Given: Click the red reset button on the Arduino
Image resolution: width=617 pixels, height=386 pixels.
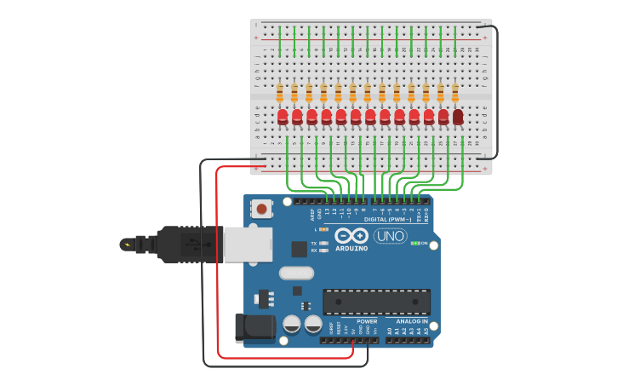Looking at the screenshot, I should point(262,208).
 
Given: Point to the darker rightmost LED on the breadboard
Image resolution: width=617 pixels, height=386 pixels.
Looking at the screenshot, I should point(458,117).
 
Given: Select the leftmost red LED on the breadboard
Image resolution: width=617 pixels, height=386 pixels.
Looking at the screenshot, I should point(283,117).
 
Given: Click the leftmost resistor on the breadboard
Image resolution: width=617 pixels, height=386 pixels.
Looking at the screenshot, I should point(280,92).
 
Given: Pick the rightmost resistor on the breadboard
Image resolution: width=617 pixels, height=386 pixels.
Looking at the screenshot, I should point(455,92).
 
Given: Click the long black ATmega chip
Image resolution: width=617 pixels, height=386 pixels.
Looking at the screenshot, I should point(376,302).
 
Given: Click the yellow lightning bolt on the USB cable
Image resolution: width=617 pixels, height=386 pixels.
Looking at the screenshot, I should point(129,245).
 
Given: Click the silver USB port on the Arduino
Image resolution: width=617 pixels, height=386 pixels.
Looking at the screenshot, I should point(248,244).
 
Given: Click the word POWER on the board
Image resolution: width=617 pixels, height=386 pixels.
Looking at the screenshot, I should point(367,321).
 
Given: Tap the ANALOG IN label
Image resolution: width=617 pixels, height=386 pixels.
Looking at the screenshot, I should point(412,321).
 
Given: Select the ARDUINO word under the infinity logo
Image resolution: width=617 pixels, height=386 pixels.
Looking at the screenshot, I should point(351,249).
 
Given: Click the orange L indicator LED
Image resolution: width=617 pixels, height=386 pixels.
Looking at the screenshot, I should point(323,229).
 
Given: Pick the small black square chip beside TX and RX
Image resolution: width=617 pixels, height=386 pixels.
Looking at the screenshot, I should point(299,249).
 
